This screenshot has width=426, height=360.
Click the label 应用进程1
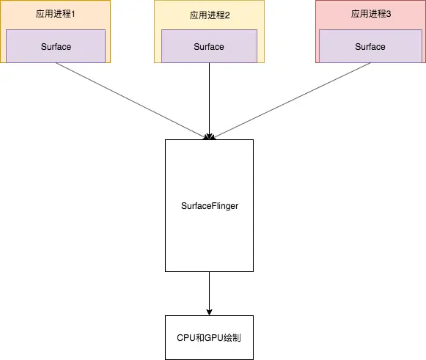point(55,15)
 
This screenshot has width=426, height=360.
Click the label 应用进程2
point(209,15)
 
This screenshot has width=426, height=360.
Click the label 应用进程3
point(370,15)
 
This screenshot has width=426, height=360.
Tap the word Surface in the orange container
point(56,47)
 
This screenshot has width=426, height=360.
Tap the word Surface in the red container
point(370,47)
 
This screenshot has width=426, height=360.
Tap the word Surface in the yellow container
point(209,47)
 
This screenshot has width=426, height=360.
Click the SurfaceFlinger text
point(210,206)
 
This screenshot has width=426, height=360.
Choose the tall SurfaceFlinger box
point(210,242)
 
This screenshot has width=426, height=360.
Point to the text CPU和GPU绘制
point(210,338)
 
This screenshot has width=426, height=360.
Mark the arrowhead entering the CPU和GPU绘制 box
point(210,312)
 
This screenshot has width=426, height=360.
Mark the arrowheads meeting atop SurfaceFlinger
point(210,136)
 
